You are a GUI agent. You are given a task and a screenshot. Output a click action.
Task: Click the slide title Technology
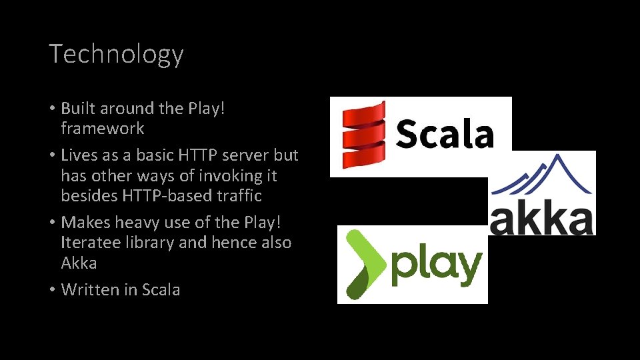point(116,54)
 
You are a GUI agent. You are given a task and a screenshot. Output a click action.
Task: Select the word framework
point(103,128)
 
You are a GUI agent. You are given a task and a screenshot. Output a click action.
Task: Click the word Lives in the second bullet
point(79,155)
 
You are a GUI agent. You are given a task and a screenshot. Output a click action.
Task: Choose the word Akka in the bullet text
point(79,263)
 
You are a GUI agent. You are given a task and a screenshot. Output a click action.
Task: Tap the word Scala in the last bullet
point(160,289)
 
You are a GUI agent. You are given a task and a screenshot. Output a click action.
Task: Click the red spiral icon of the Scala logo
point(364,135)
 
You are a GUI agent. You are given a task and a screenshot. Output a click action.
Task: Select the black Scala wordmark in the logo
point(445,134)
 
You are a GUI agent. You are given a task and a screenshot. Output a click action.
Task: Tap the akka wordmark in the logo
point(541,219)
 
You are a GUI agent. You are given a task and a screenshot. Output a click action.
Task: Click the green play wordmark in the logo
point(436,266)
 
